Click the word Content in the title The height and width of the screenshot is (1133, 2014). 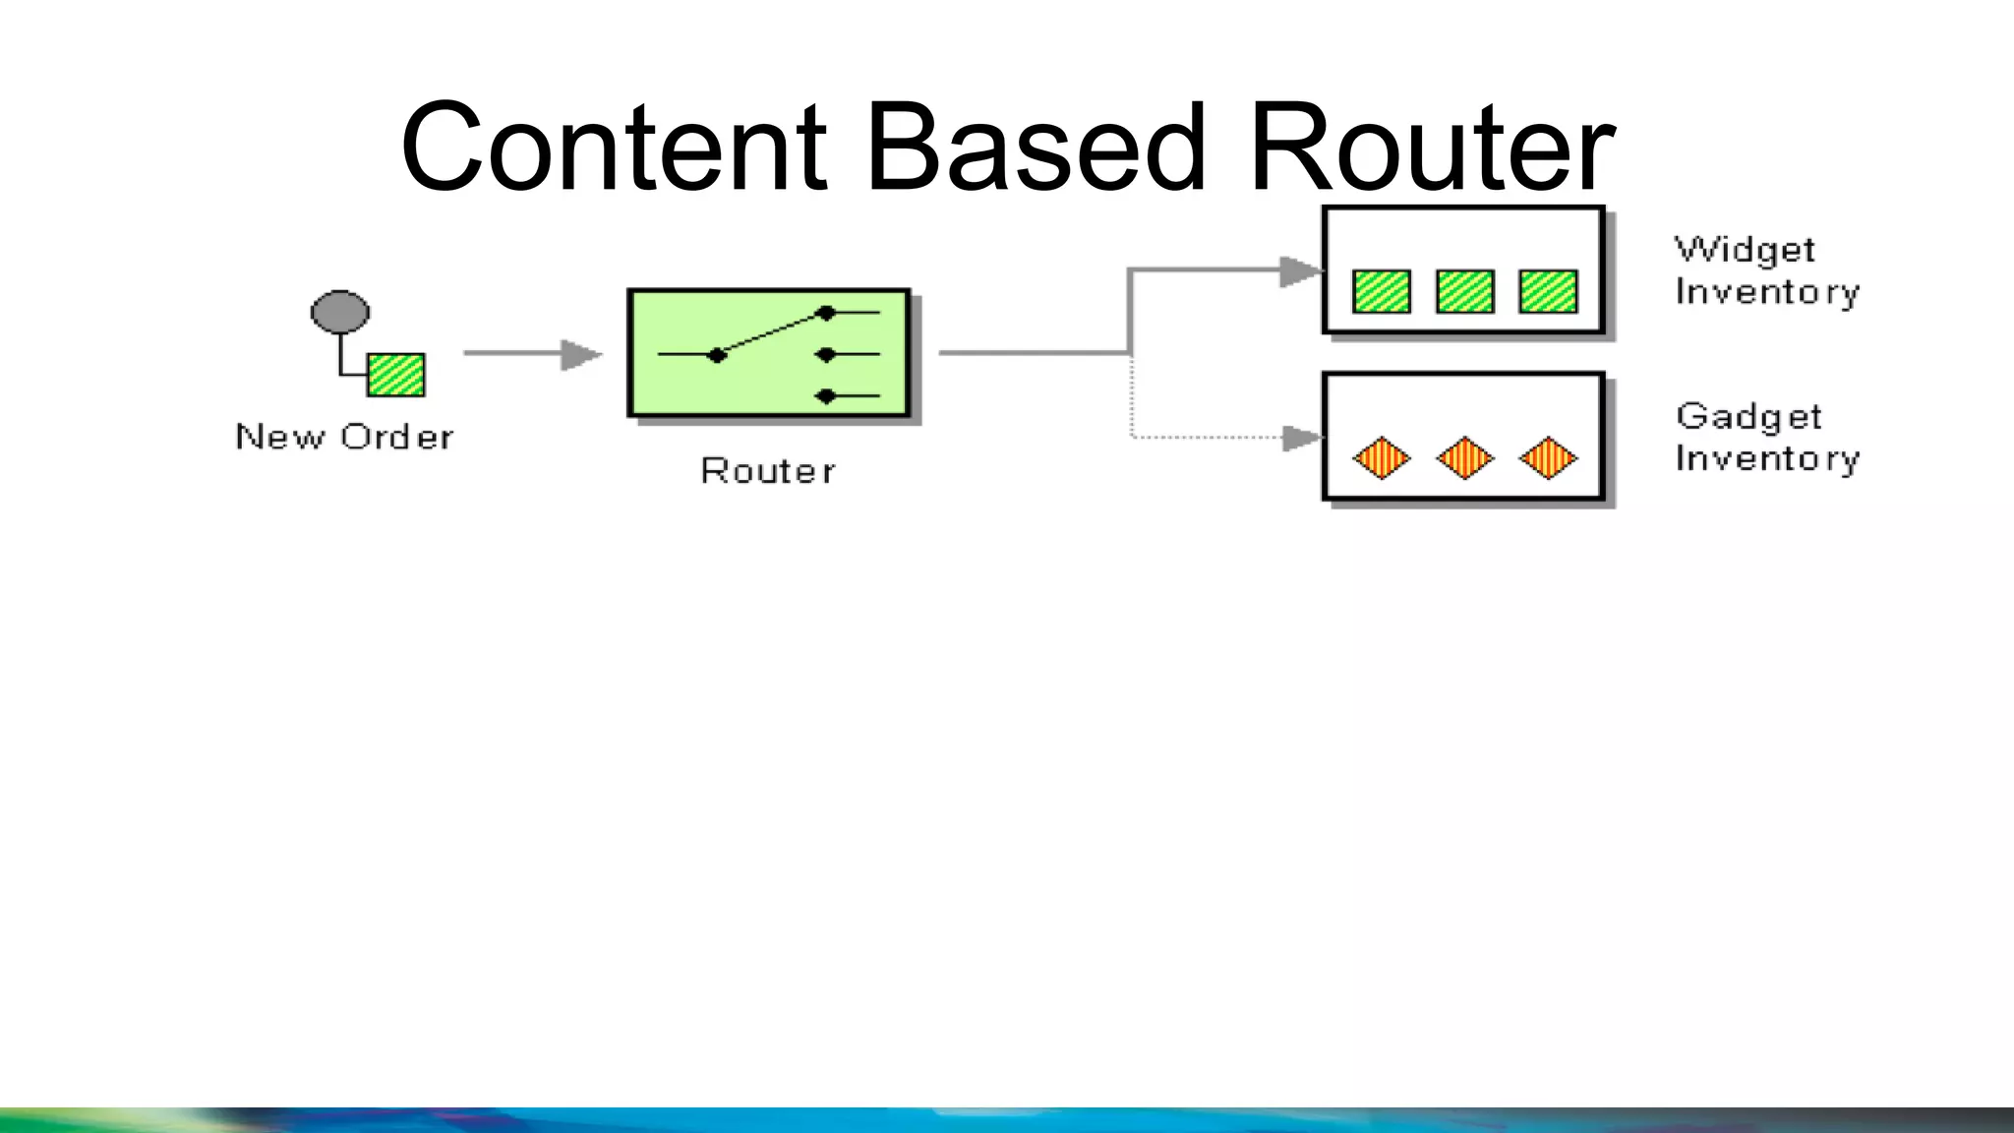pos(615,148)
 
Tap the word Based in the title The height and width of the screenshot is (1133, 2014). pos(1035,148)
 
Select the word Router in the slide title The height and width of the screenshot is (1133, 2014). pos(1431,148)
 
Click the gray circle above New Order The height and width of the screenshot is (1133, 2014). pos(340,312)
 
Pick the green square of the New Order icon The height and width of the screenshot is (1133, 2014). pos(396,375)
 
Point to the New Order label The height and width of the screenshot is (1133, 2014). pos(344,437)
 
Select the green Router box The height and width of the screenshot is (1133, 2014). pos(769,353)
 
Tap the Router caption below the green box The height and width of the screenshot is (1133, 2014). pos(768,471)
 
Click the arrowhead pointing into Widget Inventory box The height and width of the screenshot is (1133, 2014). pos(1298,270)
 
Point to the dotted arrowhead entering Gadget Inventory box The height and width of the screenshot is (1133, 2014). pos(1300,438)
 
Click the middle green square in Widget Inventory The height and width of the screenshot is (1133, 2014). pos(1465,291)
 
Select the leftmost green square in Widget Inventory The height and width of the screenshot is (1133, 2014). pos(1382,291)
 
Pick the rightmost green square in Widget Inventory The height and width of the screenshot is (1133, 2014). pos(1548,291)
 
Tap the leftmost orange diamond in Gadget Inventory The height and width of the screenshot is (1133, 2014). pos(1382,458)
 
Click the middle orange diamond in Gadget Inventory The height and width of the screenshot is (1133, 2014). pos(1465,458)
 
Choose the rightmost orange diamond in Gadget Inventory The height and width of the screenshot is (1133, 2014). pos(1548,458)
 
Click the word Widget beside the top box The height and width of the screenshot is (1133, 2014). pos(1745,250)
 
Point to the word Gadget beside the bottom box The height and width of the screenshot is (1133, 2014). pos(1748,417)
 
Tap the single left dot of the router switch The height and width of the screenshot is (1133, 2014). pos(717,355)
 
